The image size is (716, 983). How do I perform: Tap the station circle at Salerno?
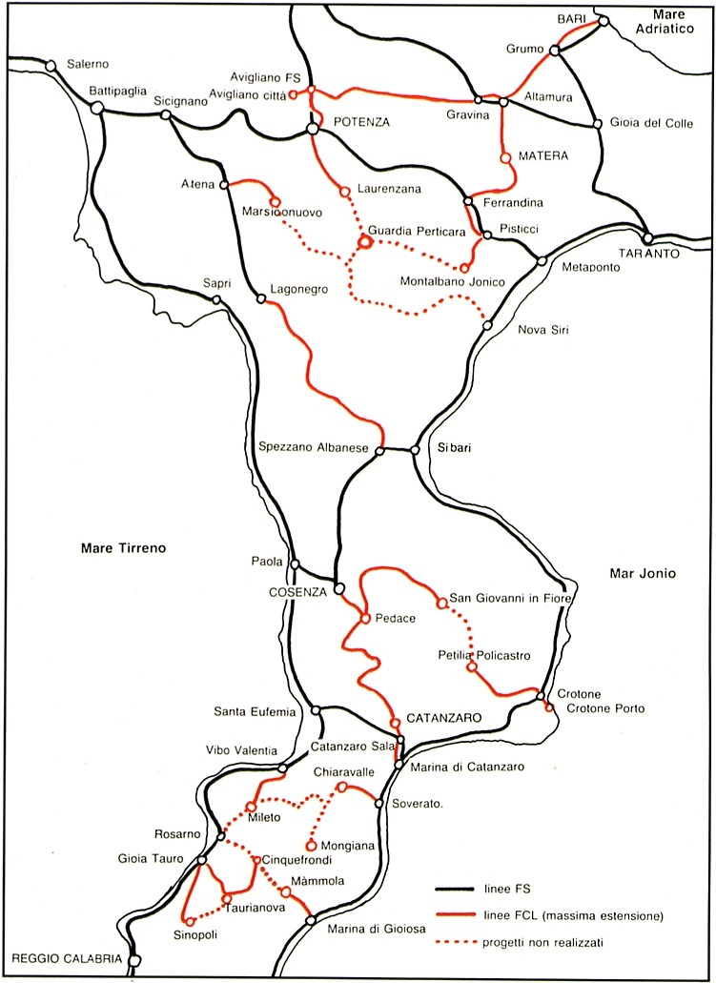click(x=51, y=66)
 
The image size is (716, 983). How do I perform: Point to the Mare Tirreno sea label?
click(x=124, y=548)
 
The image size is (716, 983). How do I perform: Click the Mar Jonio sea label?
click(x=642, y=573)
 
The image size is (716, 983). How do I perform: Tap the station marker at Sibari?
click(x=415, y=450)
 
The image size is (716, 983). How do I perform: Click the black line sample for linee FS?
click(x=456, y=889)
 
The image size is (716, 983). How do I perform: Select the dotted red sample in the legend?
click(x=456, y=942)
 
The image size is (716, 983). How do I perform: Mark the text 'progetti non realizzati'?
click(x=542, y=942)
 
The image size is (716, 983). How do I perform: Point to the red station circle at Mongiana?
click(x=311, y=845)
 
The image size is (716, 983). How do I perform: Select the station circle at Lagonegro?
click(x=261, y=298)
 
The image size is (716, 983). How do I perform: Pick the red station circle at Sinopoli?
click(x=190, y=921)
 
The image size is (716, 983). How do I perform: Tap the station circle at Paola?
click(x=295, y=563)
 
